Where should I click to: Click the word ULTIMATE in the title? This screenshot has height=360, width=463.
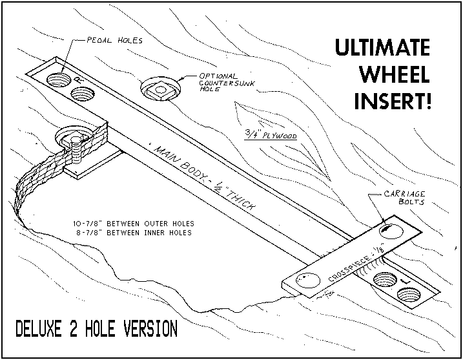tap(383, 48)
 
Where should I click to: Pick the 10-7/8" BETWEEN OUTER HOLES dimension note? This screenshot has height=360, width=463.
tap(134, 224)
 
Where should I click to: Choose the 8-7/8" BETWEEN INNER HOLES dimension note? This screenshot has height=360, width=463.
tap(134, 232)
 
